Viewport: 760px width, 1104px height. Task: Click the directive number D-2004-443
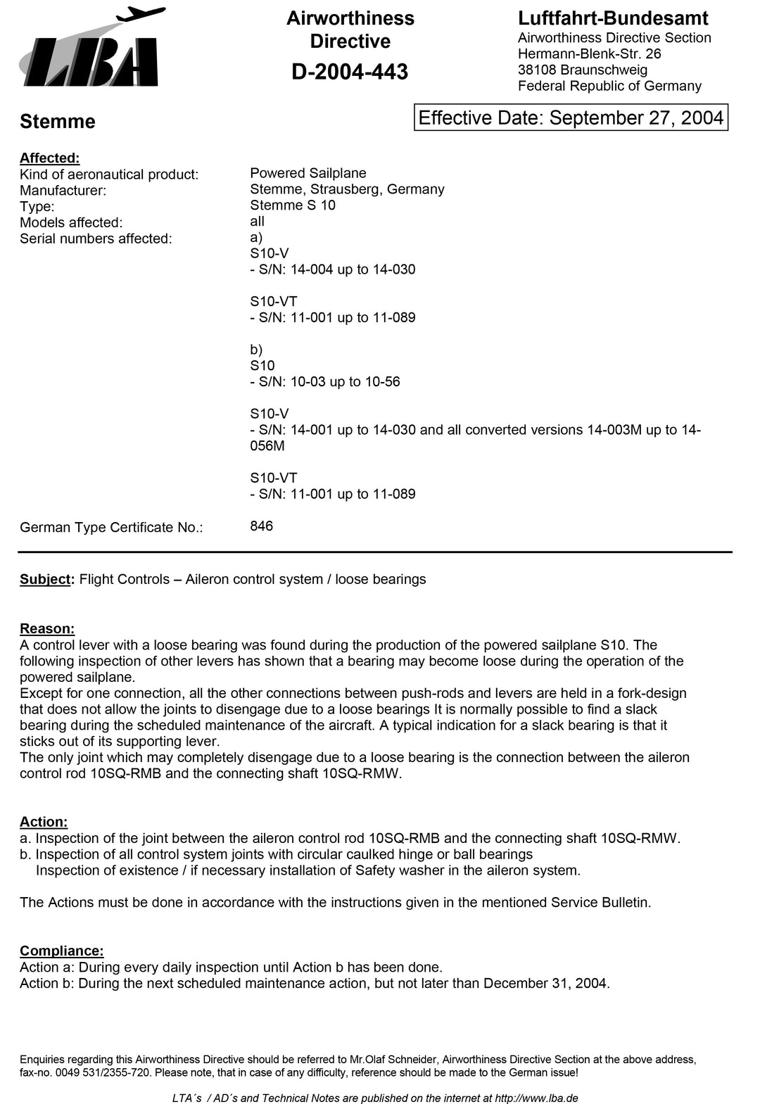coord(350,72)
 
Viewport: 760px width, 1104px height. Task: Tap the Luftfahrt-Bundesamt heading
coord(613,18)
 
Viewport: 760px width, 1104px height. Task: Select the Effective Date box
coord(571,118)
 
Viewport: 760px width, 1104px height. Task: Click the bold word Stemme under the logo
coord(58,122)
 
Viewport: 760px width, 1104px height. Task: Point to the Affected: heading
coord(50,158)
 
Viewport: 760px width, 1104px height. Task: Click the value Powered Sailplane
coord(308,173)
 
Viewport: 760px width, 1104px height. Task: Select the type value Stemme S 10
coord(293,205)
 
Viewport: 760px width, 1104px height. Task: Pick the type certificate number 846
coord(262,526)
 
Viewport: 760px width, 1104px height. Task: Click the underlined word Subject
coord(46,579)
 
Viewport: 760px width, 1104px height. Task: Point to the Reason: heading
coord(47,628)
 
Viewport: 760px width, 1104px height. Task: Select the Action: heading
coord(44,822)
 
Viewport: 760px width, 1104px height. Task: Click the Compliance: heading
coord(62,951)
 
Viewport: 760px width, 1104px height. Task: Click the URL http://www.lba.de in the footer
coord(536,1098)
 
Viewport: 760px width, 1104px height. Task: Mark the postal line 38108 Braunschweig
coord(583,70)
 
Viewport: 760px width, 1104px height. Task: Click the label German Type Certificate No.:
coord(111,528)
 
